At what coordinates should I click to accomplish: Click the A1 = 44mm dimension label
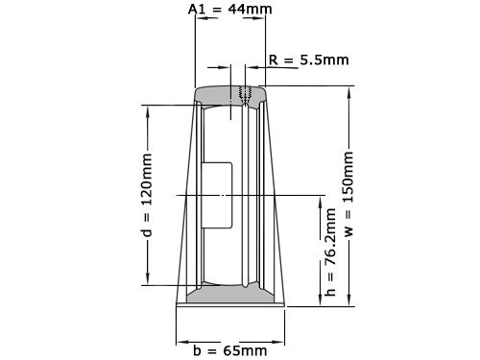click(x=230, y=9)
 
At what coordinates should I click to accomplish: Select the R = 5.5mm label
click(x=308, y=60)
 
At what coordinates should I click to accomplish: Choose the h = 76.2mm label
click(x=329, y=252)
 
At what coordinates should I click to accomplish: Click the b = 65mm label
click(x=230, y=350)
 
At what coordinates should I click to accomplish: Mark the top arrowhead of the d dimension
click(x=147, y=108)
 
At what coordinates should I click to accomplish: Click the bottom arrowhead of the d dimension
click(x=147, y=280)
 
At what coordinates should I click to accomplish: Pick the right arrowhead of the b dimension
click(x=283, y=340)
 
